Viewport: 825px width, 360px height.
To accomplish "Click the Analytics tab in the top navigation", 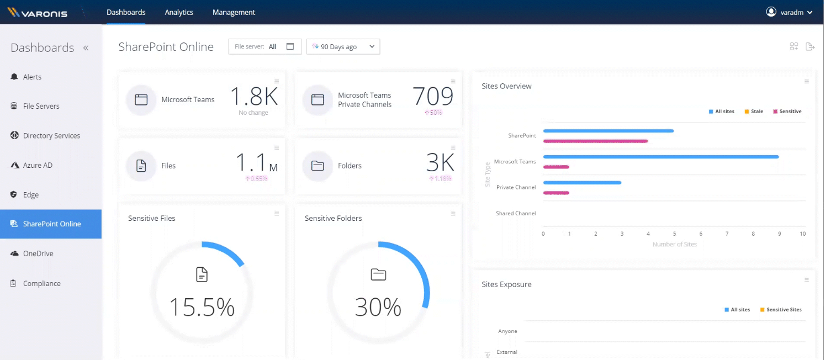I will point(179,12).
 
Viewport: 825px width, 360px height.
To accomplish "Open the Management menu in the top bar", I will point(234,12).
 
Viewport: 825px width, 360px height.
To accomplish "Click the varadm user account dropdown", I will point(789,12).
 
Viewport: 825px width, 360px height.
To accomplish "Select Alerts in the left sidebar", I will point(32,77).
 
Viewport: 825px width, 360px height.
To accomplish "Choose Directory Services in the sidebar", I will point(51,136).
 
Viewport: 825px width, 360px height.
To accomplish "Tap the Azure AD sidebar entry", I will point(38,165).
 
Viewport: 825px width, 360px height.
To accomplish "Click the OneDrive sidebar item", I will point(38,253).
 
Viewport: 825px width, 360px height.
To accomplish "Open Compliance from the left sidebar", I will point(41,283).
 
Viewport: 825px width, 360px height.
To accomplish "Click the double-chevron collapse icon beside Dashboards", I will point(86,48).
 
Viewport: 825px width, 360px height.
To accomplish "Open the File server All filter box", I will point(265,47).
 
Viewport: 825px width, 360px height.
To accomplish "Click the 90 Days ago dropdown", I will point(343,47).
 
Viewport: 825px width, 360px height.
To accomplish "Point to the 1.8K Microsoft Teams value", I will point(253,96).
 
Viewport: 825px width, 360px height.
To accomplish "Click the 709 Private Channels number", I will point(433,96).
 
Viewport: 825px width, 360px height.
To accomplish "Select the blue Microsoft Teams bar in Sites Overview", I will point(660,157).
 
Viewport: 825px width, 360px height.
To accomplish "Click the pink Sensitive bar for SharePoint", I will point(595,141).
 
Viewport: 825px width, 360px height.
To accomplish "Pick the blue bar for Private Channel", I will point(582,183).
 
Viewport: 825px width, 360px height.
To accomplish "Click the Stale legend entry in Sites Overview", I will point(754,112).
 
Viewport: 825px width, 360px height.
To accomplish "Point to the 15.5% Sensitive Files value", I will point(202,307).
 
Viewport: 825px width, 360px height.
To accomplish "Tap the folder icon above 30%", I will point(378,274).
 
